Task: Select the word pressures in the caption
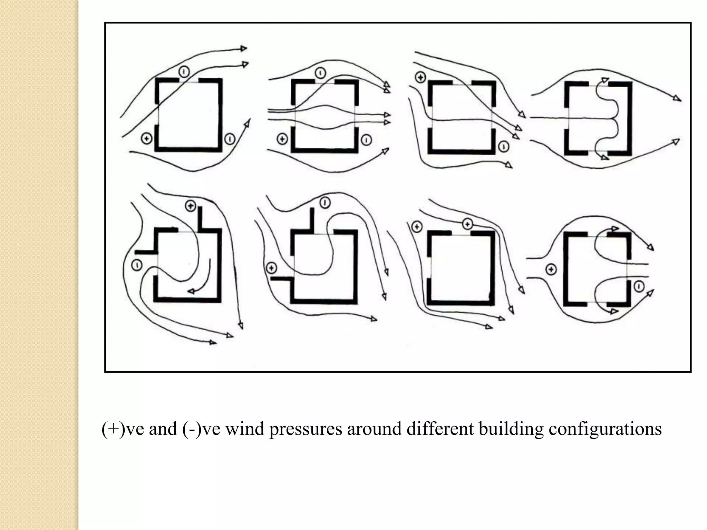click(x=306, y=429)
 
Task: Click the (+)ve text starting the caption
click(x=122, y=429)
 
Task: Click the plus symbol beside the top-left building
click(x=147, y=139)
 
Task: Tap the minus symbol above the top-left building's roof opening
click(x=184, y=72)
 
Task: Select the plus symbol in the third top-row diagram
click(x=420, y=77)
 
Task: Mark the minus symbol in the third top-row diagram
click(x=504, y=147)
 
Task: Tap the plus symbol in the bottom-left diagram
click(x=191, y=206)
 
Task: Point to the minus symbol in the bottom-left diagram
click(x=137, y=265)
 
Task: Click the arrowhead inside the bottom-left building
click(x=191, y=292)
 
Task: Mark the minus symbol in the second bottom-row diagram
click(x=325, y=203)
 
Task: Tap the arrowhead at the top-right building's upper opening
click(x=604, y=80)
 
